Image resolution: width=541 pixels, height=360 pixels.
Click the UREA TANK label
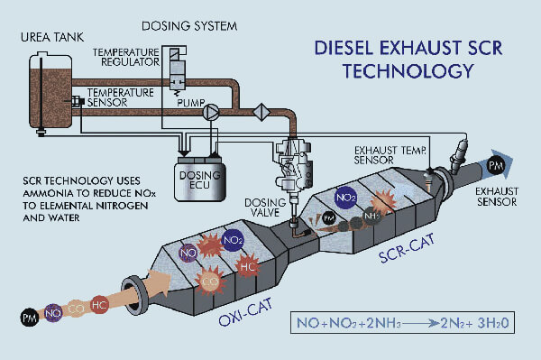pyautogui.click(x=52, y=37)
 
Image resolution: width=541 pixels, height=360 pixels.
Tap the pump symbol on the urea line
pyautogui.click(x=210, y=112)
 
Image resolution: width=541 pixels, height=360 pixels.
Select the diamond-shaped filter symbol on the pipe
pyautogui.click(x=261, y=112)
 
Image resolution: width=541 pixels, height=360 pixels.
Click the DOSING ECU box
pyautogui.click(x=200, y=180)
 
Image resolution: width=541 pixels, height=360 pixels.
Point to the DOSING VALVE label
pyautogui.click(x=265, y=208)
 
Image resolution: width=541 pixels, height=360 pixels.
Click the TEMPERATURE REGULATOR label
pyautogui.click(x=126, y=57)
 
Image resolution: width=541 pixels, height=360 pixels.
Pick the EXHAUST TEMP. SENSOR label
pyautogui.click(x=390, y=155)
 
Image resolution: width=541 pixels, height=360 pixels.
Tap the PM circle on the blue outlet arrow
pyautogui.click(x=496, y=165)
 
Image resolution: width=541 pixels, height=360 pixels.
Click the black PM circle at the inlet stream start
pyautogui.click(x=30, y=318)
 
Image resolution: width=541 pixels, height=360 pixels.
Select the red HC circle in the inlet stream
pyautogui.click(x=99, y=305)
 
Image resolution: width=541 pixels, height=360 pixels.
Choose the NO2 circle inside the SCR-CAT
pyautogui.click(x=345, y=198)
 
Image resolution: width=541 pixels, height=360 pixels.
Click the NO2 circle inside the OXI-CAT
pyautogui.click(x=233, y=240)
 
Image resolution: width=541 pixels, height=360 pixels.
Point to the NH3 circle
pyautogui.click(x=371, y=217)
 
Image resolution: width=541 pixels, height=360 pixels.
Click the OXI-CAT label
pyautogui.click(x=245, y=311)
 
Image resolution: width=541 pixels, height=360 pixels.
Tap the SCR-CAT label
pyautogui.click(x=407, y=248)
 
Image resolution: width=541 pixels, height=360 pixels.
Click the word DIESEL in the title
pyautogui.click(x=344, y=48)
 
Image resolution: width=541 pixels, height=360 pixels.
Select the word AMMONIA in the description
pyautogui.click(x=48, y=193)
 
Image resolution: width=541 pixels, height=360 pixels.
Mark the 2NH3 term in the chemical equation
pyautogui.click(x=383, y=323)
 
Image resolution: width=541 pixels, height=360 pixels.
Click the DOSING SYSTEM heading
pyautogui.click(x=189, y=26)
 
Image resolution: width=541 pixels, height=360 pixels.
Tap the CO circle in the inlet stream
pyautogui.click(x=76, y=309)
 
